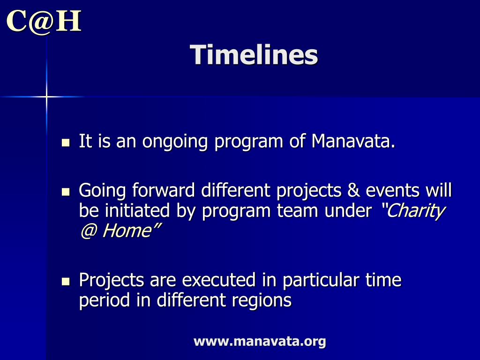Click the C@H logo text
tap(44, 22)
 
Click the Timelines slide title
tap(254, 55)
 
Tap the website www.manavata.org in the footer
tap(260, 341)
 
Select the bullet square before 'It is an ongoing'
tap(66, 142)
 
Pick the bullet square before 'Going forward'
tap(66, 192)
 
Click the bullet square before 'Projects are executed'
tap(66, 281)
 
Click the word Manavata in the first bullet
tap(353, 141)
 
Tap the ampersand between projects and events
tap(353, 190)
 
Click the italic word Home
tap(127, 231)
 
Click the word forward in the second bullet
tap(164, 190)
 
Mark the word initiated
tap(137, 210)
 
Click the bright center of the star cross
tap(46, 97)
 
